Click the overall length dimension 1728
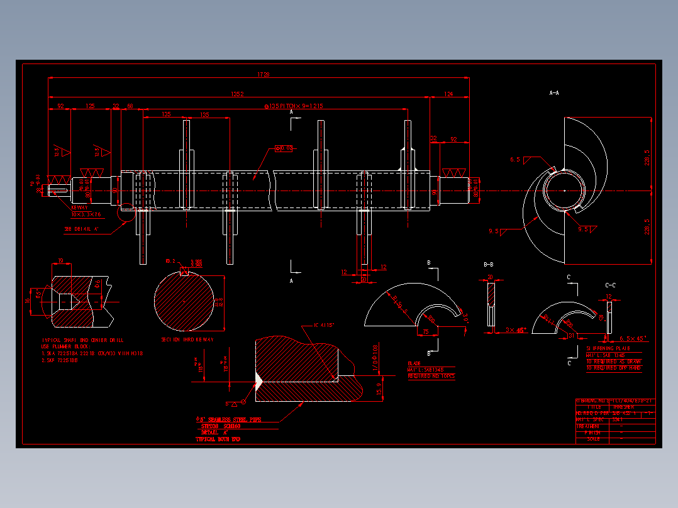coord(263,75)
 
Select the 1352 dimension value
coord(237,94)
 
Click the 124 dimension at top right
coord(448,94)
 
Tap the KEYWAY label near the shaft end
coord(80,207)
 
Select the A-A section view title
coord(554,92)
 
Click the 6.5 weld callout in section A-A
coord(515,160)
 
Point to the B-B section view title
coord(489,265)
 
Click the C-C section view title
coord(610,285)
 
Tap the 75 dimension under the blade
coord(426,331)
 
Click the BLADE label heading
coord(414,363)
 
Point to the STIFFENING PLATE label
coord(608,348)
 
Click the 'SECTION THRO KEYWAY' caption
coord(187,340)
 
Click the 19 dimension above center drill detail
coord(60,261)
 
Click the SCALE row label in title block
coord(593,439)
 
